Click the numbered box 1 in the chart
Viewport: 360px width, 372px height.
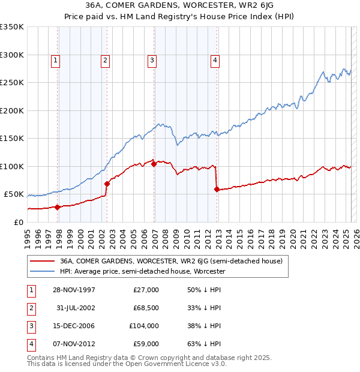click(55, 59)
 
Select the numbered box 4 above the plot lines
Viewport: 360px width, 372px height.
click(215, 59)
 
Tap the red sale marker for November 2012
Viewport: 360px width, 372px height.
click(217, 189)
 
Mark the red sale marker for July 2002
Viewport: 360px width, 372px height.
click(107, 184)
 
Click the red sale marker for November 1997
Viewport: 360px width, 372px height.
click(58, 207)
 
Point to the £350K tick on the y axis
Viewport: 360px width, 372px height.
click(12, 27)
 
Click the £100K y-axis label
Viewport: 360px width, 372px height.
click(12, 166)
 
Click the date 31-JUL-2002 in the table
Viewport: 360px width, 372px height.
click(76, 308)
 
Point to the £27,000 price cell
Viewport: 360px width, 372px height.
click(145, 290)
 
